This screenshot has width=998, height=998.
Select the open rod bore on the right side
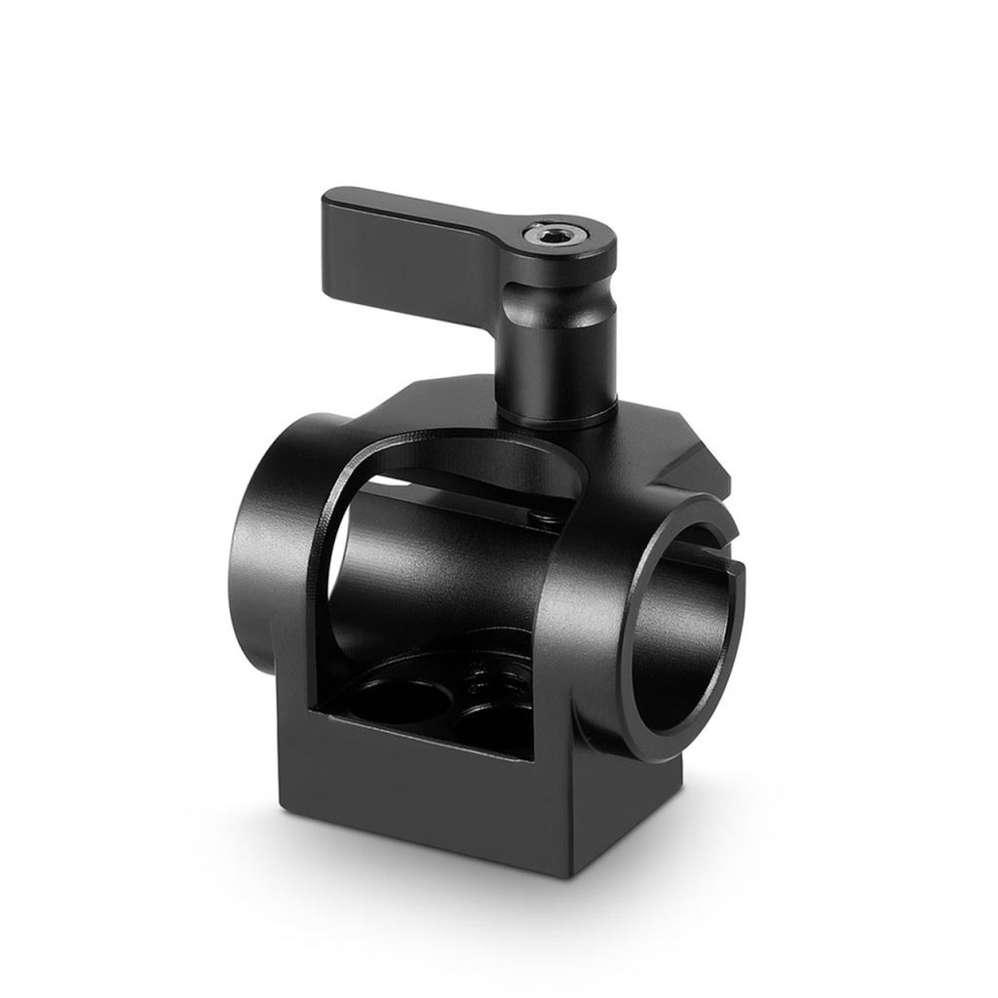pyautogui.click(x=687, y=624)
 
